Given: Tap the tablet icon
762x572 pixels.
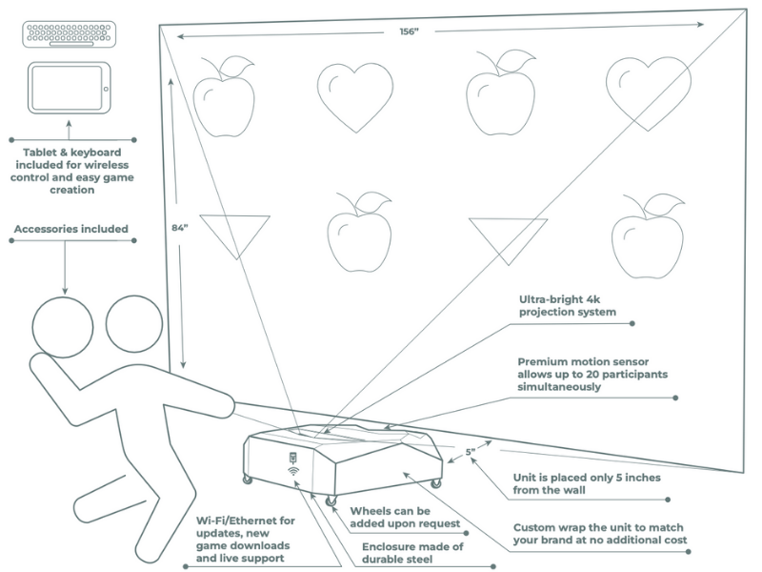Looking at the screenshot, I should [x=67, y=91].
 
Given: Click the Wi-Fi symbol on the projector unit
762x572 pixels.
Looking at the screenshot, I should [x=292, y=470].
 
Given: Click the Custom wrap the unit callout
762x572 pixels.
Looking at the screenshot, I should [x=608, y=533].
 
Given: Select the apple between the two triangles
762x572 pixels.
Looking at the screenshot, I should [x=360, y=230].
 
